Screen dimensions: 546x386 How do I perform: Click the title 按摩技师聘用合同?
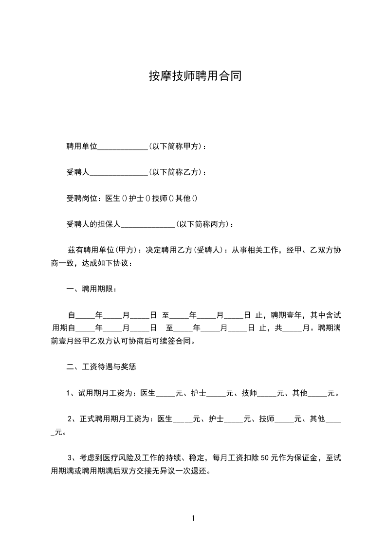coord(195,76)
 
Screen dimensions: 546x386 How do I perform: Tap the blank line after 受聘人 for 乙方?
coord(119,172)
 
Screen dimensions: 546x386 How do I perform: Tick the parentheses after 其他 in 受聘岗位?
coord(195,199)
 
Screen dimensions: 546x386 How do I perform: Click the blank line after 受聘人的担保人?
coord(147,225)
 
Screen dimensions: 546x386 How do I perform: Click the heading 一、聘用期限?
coord(92,289)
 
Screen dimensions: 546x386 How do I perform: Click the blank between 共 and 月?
coord(293,328)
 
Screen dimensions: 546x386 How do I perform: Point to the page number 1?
coord(193,518)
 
